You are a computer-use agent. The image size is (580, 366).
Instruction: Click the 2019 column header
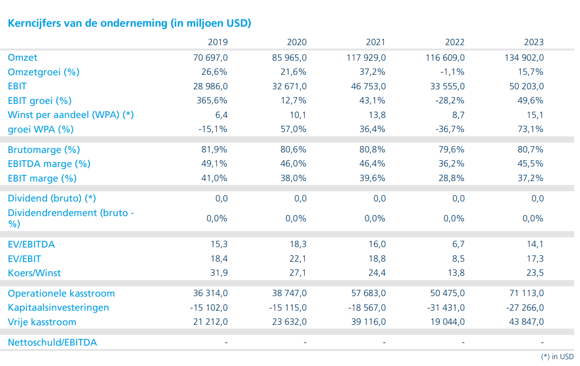(x=217, y=42)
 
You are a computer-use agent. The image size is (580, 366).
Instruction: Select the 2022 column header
(x=455, y=42)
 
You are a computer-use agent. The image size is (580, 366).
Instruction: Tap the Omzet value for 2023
(x=524, y=58)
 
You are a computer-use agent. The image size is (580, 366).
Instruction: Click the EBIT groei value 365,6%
(x=212, y=100)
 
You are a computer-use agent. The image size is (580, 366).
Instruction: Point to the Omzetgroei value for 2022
(x=450, y=72)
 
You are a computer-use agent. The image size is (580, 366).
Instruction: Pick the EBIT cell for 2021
(x=368, y=86)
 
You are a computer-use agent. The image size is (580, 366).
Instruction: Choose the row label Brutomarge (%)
(x=44, y=150)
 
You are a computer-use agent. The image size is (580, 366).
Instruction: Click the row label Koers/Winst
(x=34, y=273)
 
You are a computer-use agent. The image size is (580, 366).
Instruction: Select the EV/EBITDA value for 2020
(x=298, y=244)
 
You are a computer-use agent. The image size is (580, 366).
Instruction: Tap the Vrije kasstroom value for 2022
(x=447, y=322)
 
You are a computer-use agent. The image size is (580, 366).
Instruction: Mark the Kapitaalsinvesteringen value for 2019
(x=209, y=308)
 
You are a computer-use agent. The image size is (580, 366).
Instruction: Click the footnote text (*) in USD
(x=557, y=357)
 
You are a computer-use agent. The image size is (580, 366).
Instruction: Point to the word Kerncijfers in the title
(x=34, y=23)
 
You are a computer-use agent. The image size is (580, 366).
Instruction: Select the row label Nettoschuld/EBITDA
(x=52, y=343)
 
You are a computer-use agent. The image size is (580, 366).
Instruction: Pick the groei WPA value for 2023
(x=530, y=129)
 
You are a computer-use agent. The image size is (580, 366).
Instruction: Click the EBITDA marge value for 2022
(x=452, y=164)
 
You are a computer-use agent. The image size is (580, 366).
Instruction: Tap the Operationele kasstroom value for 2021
(x=368, y=294)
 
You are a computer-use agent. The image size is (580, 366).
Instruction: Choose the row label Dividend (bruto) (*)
(x=52, y=199)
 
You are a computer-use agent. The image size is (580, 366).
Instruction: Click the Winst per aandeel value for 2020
(x=298, y=115)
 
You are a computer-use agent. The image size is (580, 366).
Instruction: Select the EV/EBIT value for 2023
(x=535, y=259)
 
